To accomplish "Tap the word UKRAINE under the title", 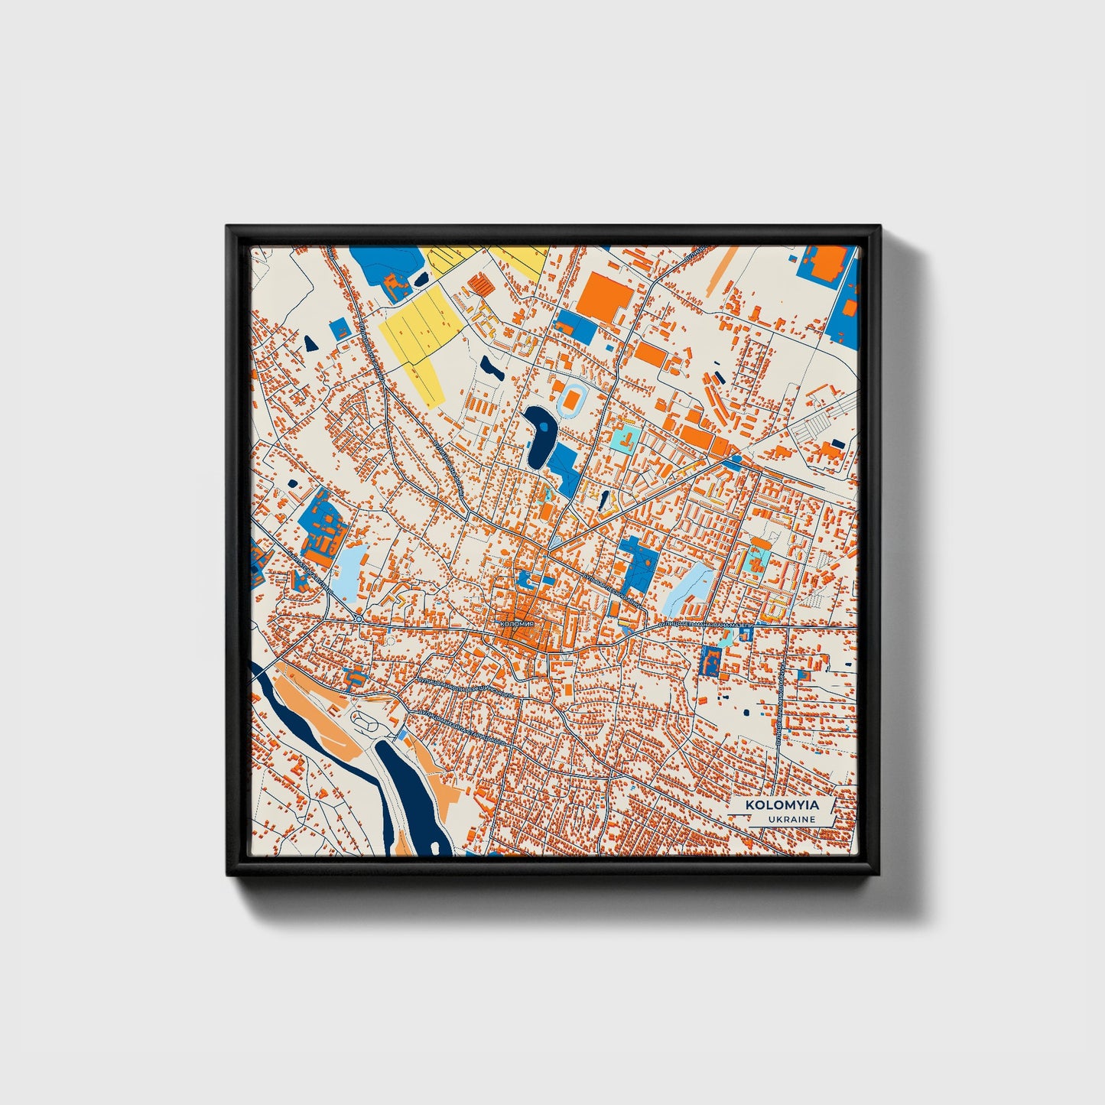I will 792,819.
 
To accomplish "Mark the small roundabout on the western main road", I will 358,617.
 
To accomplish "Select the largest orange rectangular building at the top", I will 604,297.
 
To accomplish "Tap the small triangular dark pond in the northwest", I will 310,343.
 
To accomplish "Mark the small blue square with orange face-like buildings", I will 711,660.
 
